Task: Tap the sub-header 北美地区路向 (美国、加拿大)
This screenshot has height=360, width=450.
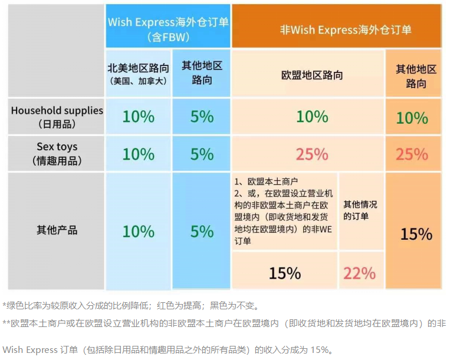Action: click(138, 73)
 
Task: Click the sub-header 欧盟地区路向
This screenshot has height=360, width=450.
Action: click(312, 75)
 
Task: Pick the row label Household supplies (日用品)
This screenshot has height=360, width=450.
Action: click(57, 117)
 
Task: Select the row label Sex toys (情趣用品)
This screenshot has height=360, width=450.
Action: click(57, 153)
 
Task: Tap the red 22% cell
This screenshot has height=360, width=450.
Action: click(360, 273)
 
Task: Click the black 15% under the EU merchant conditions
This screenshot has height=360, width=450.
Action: click(285, 273)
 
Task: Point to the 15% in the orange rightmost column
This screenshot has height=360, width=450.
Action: click(416, 234)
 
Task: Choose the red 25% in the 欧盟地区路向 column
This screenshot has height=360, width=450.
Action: click(312, 154)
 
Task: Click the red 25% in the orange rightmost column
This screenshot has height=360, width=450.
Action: click(412, 154)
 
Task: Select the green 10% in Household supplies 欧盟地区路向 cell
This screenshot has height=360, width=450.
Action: click(312, 117)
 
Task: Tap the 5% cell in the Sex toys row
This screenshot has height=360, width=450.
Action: click(202, 154)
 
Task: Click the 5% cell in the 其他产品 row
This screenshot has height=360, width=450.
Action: click(202, 231)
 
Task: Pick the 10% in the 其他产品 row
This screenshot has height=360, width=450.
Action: click(138, 231)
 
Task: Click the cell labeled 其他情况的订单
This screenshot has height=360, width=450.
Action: click(360, 210)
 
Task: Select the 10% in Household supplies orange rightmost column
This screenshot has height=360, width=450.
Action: click(412, 118)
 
